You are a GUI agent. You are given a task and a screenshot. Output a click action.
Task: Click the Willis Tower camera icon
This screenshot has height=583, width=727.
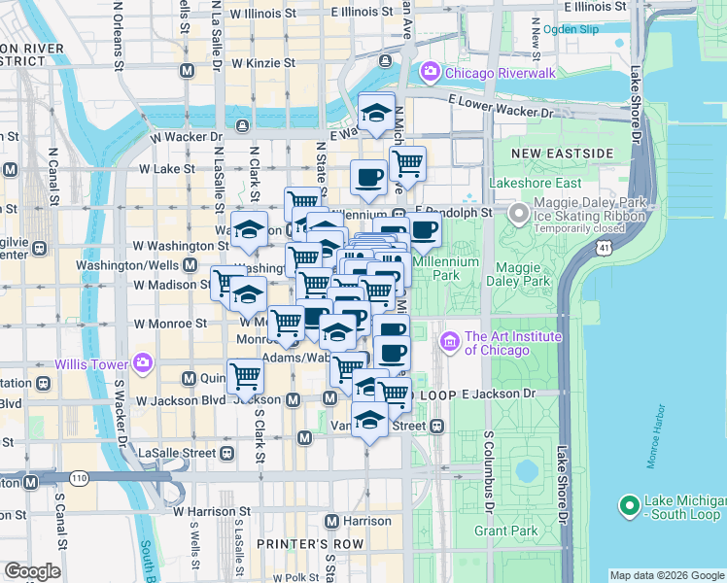pos(144,363)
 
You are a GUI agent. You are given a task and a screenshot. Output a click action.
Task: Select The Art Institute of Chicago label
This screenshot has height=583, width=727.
pos(513,343)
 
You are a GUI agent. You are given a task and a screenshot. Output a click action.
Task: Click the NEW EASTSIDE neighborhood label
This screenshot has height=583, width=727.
pos(562,154)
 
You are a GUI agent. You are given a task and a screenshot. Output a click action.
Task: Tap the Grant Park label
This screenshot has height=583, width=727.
pos(504,531)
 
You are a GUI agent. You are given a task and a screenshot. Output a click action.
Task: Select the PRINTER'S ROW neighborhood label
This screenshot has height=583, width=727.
pos(295,543)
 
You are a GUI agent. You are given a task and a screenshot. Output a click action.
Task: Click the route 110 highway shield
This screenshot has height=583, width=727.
pos(78,477)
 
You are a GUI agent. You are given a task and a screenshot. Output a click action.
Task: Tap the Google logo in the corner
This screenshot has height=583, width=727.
pos(32,571)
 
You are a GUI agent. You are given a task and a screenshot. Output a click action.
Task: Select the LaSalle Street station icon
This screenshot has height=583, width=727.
pos(226,453)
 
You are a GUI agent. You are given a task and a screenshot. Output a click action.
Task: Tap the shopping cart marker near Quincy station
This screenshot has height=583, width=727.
pos(245,376)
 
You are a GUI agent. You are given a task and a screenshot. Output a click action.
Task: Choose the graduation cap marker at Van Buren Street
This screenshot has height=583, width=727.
pos(368,421)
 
